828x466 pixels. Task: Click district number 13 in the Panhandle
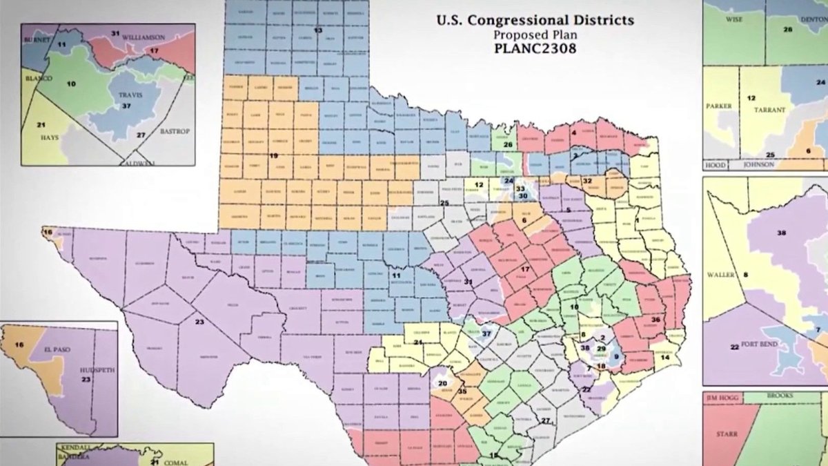pyautogui.click(x=318, y=31)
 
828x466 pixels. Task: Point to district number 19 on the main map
pyautogui.click(x=273, y=156)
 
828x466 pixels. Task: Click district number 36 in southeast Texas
pyautogui.click(x=655, y=320)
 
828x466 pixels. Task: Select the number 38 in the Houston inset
pyautogui.click(x=781, y=233)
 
